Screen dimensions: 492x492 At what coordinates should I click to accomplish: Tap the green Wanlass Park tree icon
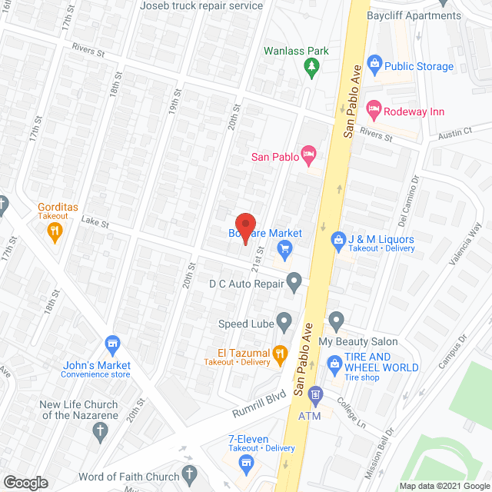pyautogui.click(x=312, y=68)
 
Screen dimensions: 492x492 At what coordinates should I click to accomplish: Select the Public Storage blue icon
pyautogui.click(x=374, y=62)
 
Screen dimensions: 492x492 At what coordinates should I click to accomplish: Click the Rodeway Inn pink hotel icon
pyautogui.click(x=374, y=109)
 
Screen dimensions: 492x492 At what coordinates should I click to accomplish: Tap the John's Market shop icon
pyautogui.click(x=112, y=343)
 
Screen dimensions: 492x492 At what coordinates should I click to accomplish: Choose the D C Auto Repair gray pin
pyautogui.click(x=294, y=282)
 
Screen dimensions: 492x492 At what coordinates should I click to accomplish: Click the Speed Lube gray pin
pyautogui.click(x=284, y=319)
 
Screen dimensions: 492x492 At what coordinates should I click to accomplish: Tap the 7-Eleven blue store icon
pyautogui.click(x=246, y=462)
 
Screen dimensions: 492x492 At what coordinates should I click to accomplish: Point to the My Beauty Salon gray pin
pyautogui.click(x=335, y=319)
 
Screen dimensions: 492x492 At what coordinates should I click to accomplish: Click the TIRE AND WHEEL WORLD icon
pyautogui.click(x=334, y=362)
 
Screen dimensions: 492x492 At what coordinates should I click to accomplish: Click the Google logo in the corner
pyautogui.click(x=25, y=482)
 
